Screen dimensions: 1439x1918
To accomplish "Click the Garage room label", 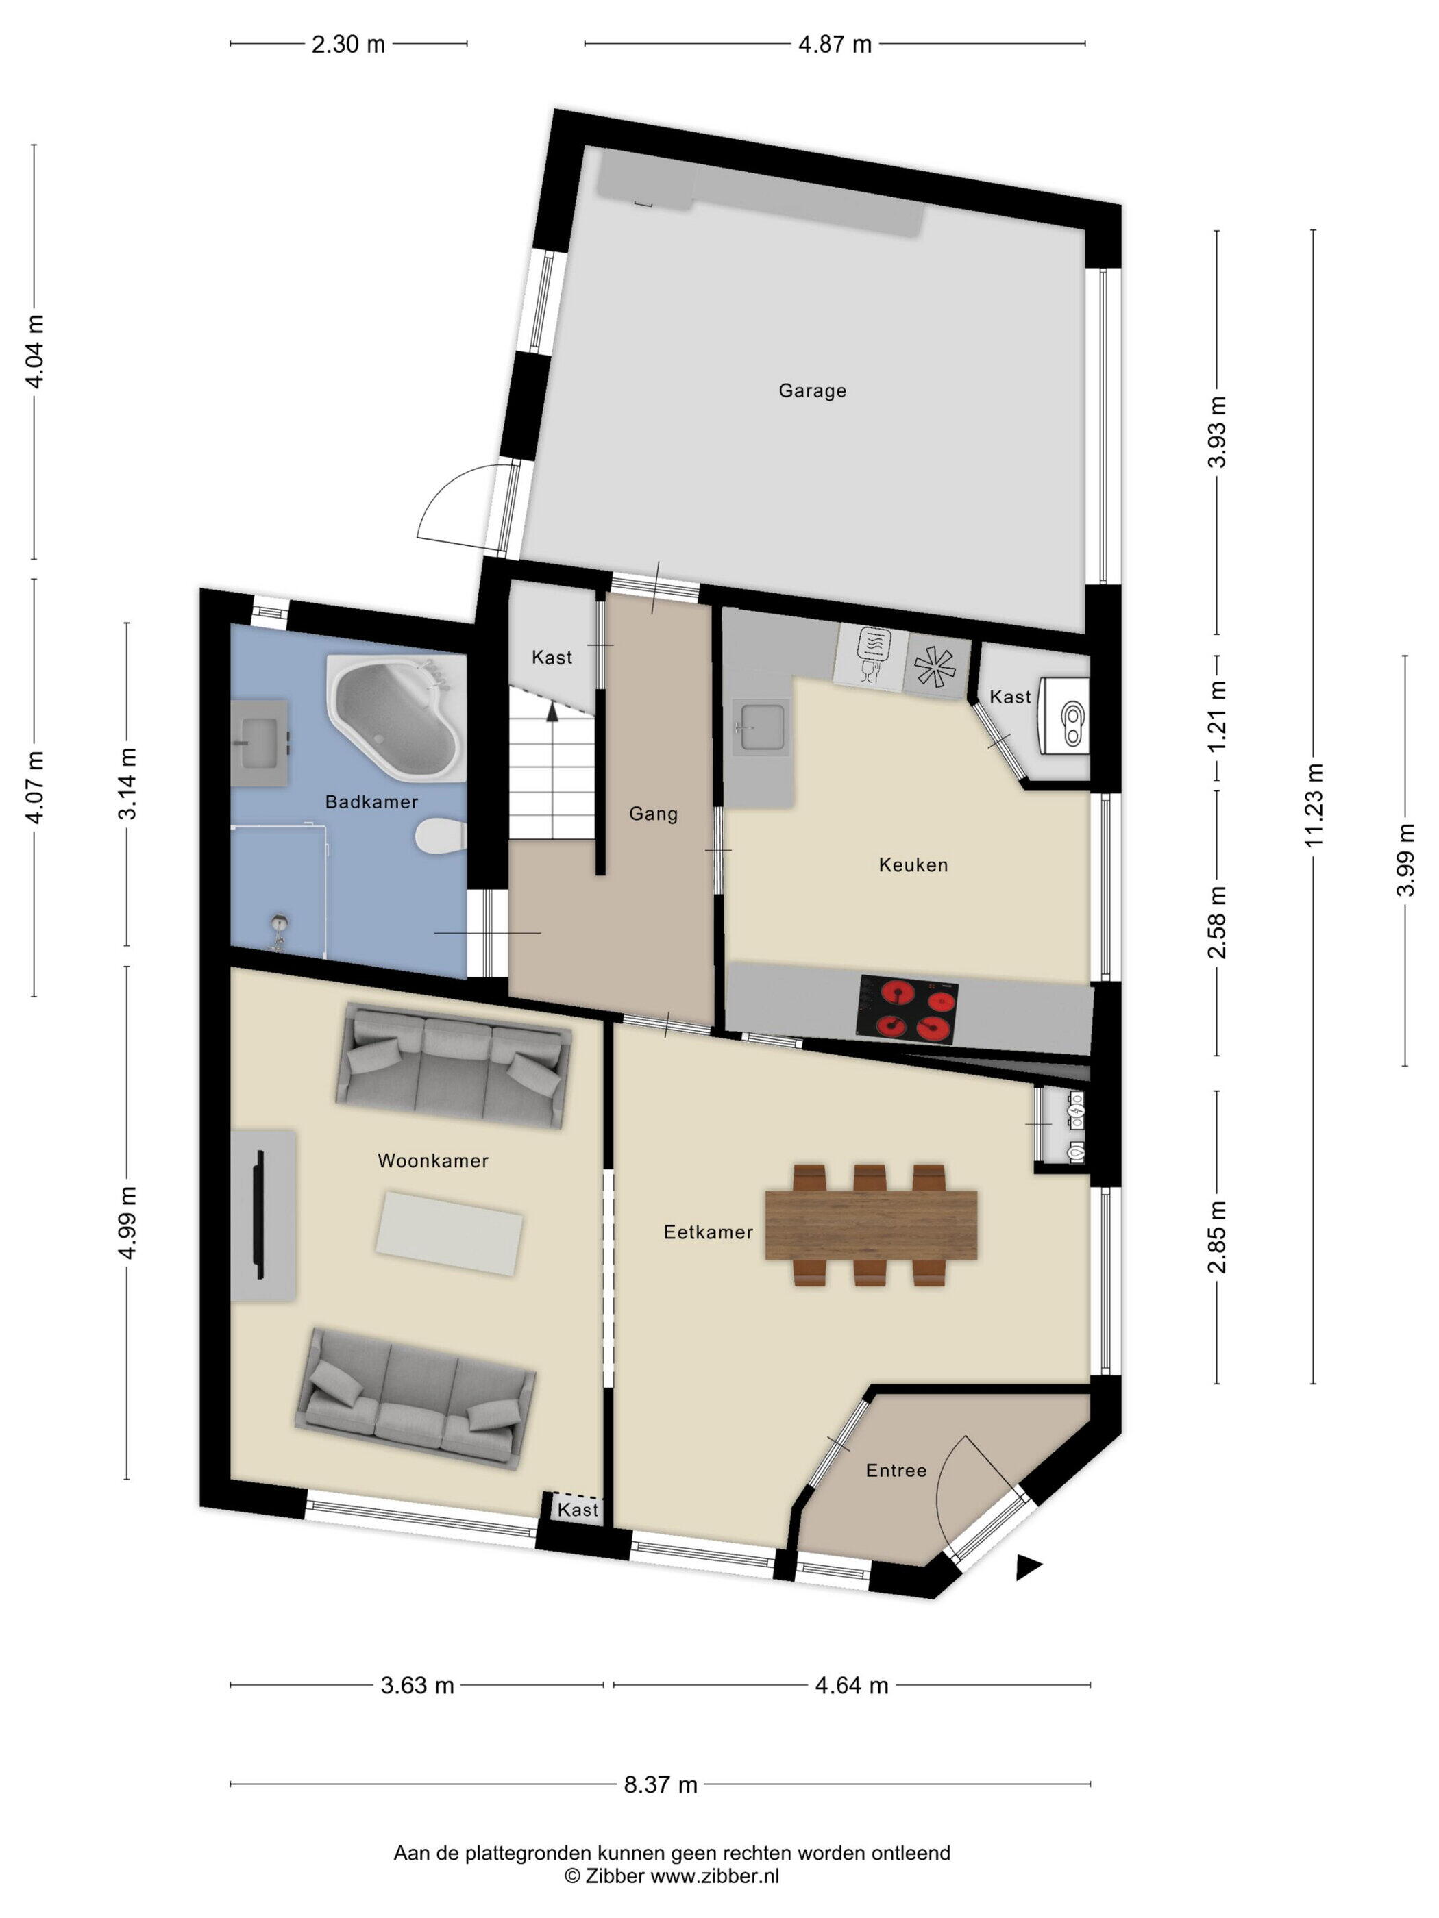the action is point(812,390).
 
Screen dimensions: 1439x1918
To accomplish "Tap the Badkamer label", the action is point(371,801).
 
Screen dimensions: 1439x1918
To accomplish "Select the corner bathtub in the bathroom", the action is point(395,719).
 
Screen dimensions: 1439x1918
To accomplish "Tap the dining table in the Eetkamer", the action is point(871,1225).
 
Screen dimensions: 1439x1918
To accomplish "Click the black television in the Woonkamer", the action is point(258,1214).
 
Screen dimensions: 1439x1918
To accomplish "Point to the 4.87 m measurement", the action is point(835,45).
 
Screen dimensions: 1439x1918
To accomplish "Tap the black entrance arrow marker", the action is point(1028,1568).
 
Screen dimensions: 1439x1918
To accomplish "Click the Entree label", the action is point(896,1471).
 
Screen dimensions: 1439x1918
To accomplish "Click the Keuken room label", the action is point(913,864).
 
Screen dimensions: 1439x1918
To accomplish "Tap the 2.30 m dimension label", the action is point(348,45).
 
